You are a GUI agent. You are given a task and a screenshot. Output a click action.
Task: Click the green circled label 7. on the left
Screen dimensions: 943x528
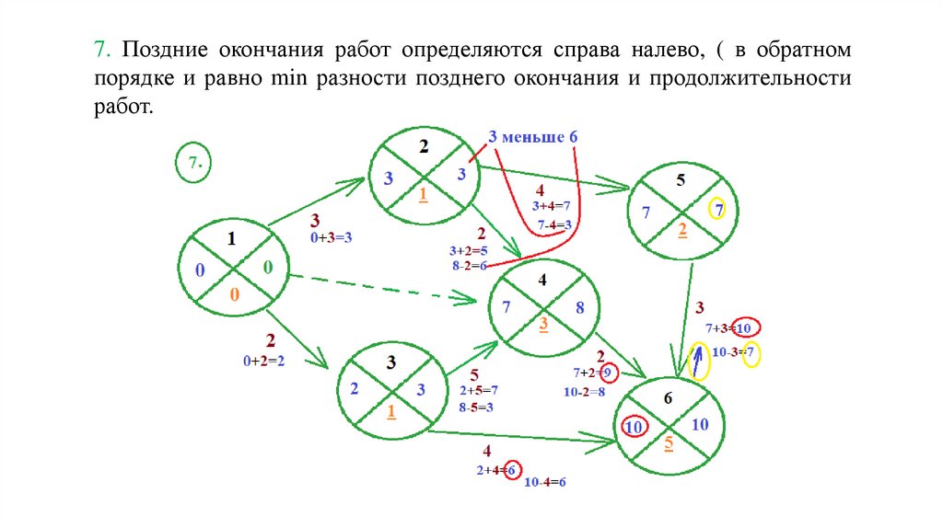coord(194,163)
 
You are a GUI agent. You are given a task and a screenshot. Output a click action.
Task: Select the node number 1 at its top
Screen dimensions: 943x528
coord(231,238)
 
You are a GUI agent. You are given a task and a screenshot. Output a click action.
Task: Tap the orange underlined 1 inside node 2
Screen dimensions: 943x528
coord(423,194)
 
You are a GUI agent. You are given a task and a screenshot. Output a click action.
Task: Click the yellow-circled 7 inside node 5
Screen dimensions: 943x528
coord(718,211)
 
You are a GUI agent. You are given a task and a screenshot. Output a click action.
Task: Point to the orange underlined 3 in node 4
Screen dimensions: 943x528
coord(543,323)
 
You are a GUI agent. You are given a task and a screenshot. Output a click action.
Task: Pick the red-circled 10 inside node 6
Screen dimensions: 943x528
coord(633,427)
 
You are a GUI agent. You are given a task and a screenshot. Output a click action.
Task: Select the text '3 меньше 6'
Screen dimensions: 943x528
coord(532,137)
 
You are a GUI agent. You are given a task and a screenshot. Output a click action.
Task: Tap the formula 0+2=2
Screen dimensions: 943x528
coord(263,362)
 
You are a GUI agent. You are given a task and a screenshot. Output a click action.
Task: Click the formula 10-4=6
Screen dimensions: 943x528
coord(544,482)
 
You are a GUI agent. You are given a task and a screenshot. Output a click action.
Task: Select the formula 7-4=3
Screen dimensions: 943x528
coord(555,224)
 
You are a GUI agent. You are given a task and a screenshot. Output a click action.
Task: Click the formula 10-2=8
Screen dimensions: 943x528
coord(584,392)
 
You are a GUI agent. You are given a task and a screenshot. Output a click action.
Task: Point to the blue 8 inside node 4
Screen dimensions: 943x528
coord(579,308)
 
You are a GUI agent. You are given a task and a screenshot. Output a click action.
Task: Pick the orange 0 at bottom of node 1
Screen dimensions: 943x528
coord(234,295)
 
